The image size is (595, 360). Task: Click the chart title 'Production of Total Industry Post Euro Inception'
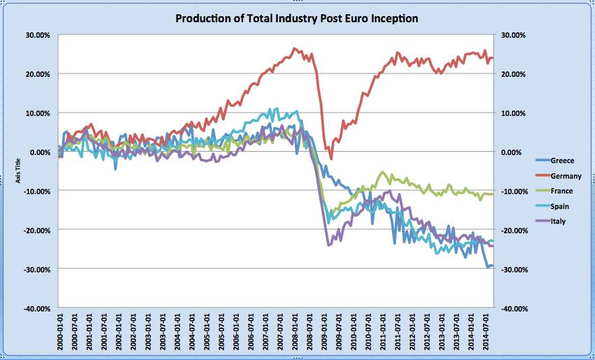[297, 18]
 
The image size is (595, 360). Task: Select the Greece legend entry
[562, 161]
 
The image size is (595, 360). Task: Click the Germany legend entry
[565, 176]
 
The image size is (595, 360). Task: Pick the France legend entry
[561, 191]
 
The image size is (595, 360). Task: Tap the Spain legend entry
[560, 206]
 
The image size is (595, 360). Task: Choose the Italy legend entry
[558, 220]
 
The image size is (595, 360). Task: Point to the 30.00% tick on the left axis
[38, 34]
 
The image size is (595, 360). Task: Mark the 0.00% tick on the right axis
[509, 152]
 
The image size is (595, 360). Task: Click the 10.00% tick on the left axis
[38, 113]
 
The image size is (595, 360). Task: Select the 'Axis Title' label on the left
[18, 171]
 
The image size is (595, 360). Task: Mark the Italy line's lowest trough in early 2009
[329, 245]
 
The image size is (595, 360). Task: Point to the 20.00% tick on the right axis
[510, 73]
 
